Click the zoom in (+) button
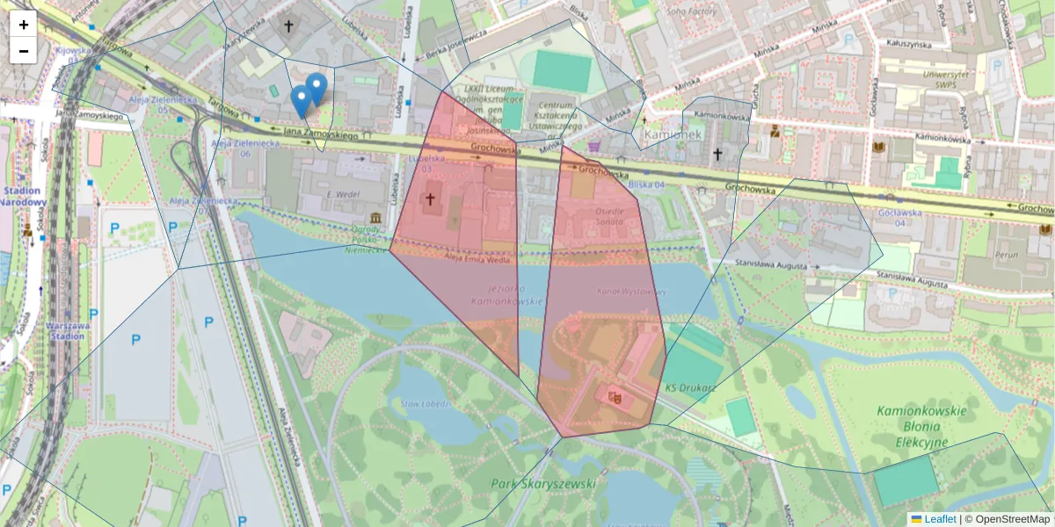point(24,25)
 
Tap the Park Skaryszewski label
point(544,484)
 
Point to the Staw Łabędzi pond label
point(426,405)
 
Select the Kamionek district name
point(673,134)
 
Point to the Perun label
point(1005,254)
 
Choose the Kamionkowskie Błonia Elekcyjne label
point(921,426)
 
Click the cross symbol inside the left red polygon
point(430,200)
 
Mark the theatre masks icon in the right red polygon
point(615,397)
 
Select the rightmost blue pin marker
point(316,89)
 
